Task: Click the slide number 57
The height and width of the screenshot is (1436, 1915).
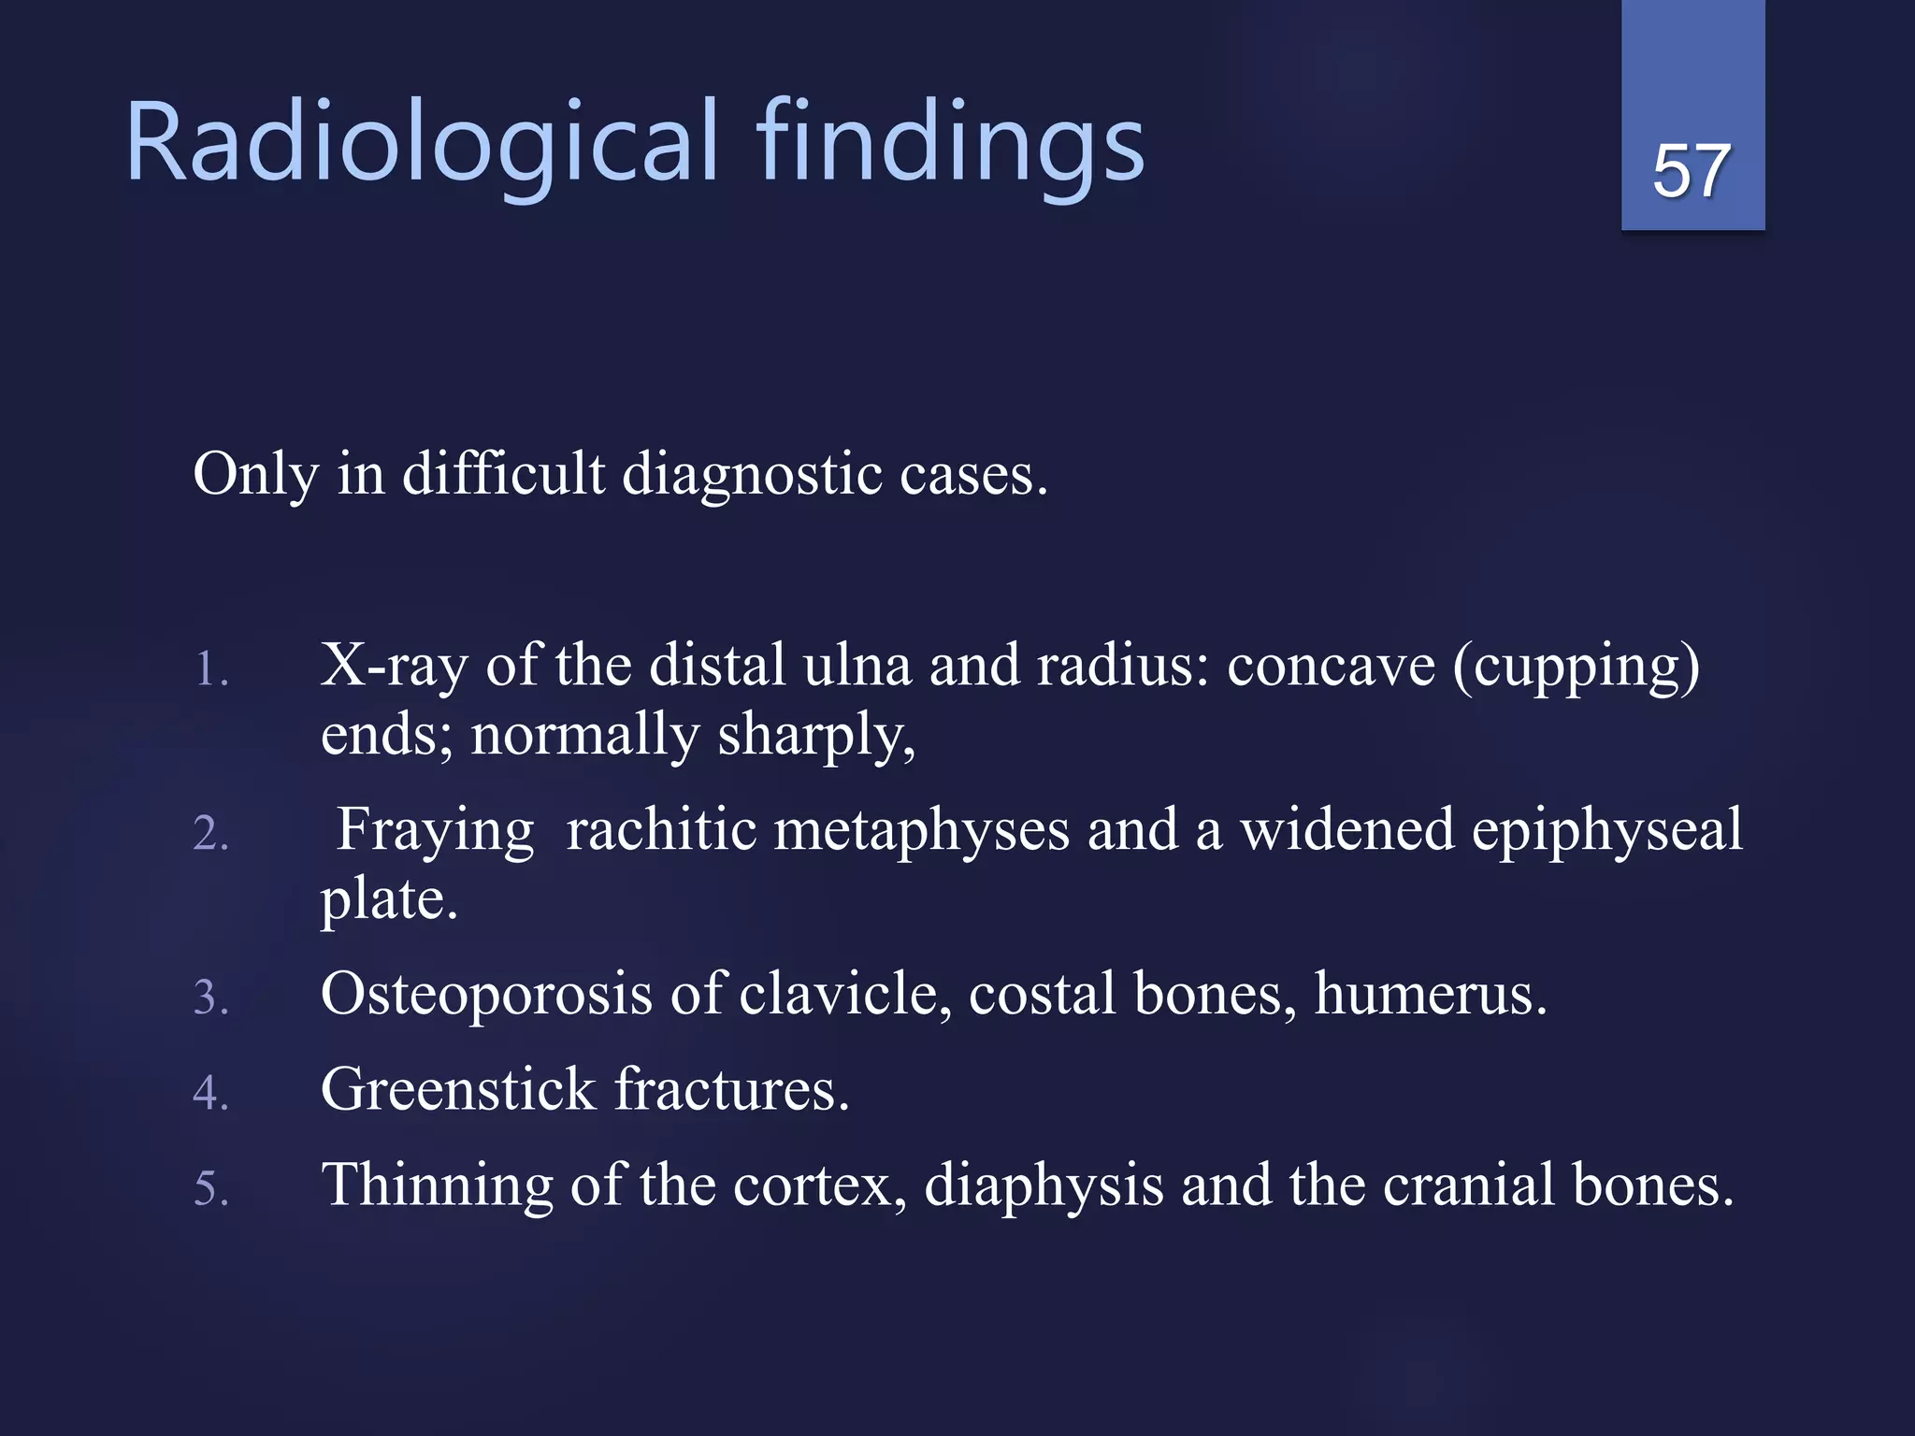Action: click(1692, 171)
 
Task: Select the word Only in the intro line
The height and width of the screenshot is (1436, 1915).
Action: click(255, 474)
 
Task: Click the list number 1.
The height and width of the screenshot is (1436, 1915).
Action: click(211, 669)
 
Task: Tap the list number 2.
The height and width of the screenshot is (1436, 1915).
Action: click(211, 833)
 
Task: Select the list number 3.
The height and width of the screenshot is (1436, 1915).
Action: click(211, 997)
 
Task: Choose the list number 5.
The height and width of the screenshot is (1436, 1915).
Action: click(211, 1188)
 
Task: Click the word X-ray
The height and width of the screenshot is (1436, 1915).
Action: click(394, 666)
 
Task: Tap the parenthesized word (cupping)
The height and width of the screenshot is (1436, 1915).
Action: click(1576, 668)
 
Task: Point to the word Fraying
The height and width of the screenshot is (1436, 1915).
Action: click(435, 830)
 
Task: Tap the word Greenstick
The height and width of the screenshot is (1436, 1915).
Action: click(458, 1089)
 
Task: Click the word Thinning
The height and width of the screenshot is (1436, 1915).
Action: click(437, 1185)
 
